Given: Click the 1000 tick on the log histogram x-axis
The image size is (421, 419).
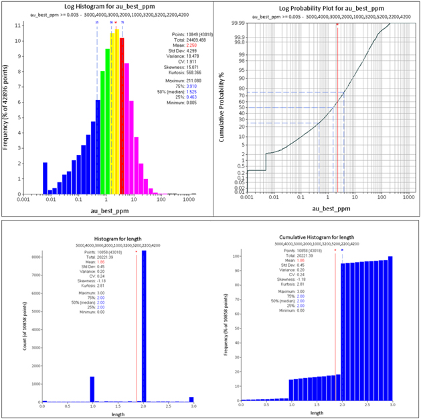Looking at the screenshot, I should pos(189,200).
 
